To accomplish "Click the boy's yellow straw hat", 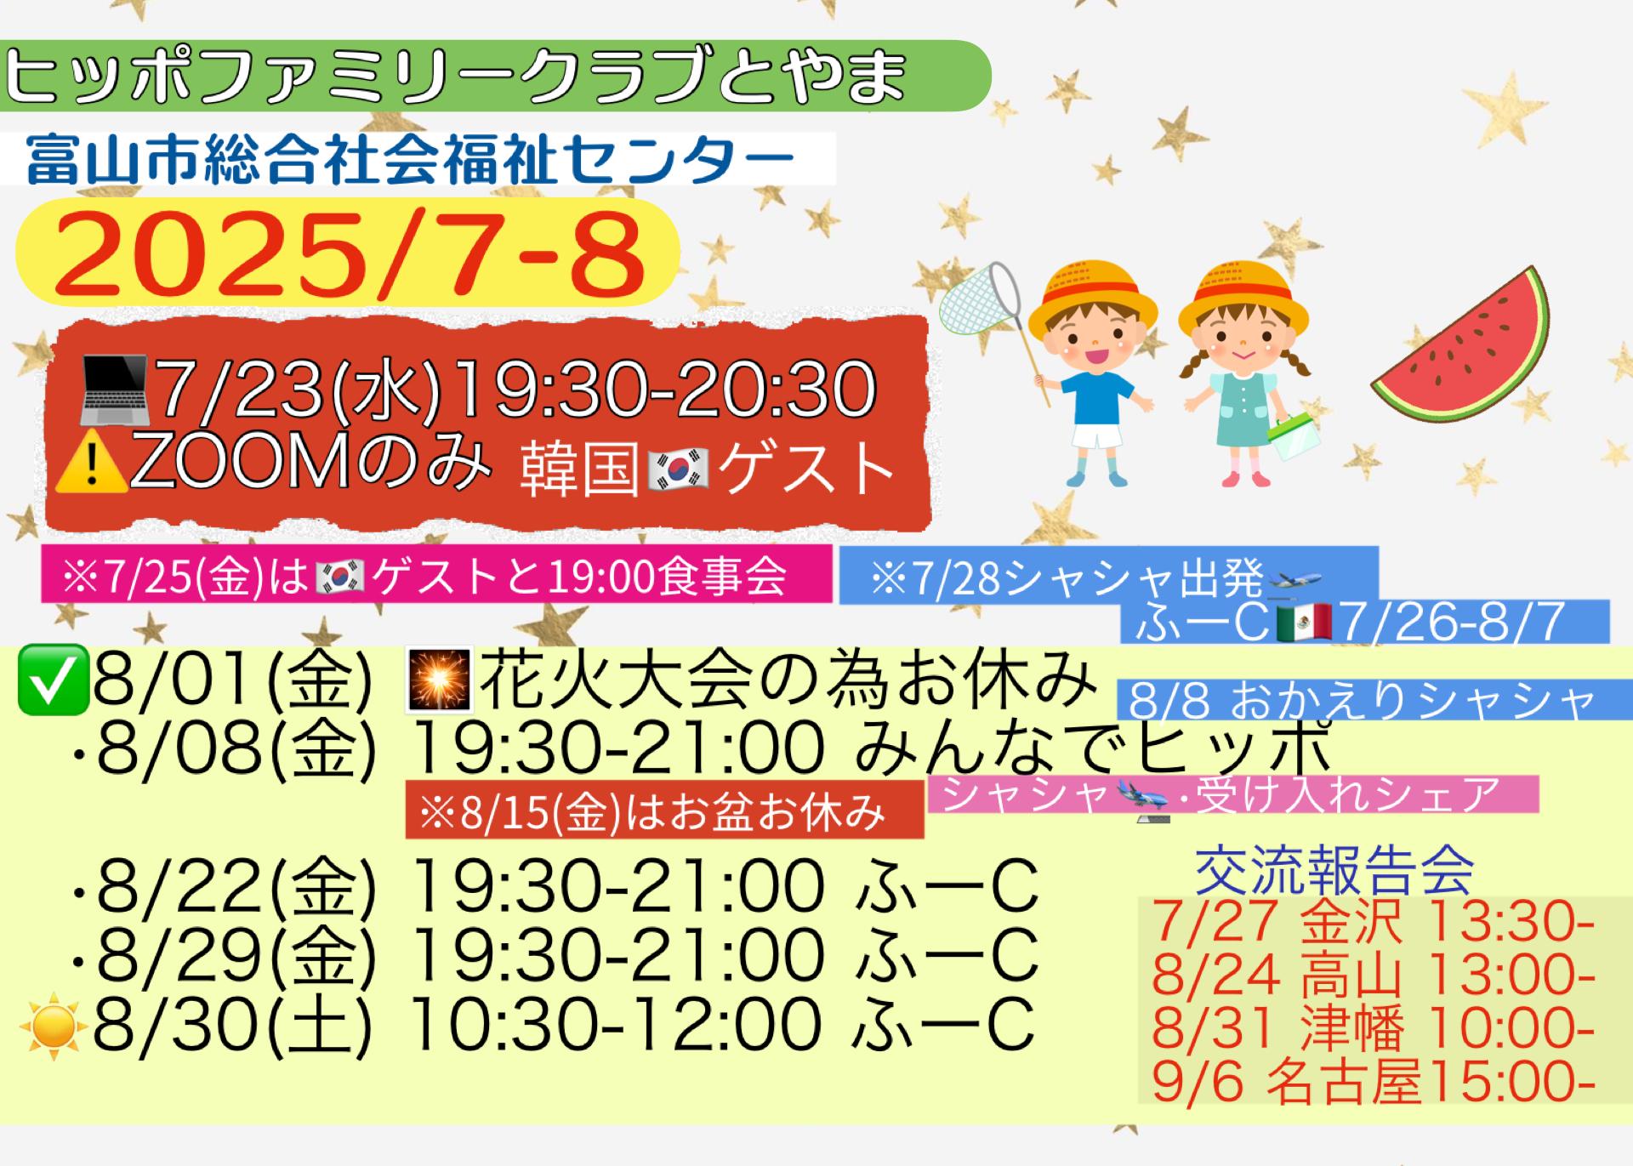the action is (x=1092, y=299).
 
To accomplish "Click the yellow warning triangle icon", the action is (x=90, y=464).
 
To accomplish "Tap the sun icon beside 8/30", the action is (x=54, y=1025).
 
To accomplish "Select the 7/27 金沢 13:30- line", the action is (x=1373, y=921).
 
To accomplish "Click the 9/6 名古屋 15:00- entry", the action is (x=1373, y=1082).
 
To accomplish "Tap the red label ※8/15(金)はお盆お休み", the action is (x=653, y=813).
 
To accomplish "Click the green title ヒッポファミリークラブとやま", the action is (x=456, y=77).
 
